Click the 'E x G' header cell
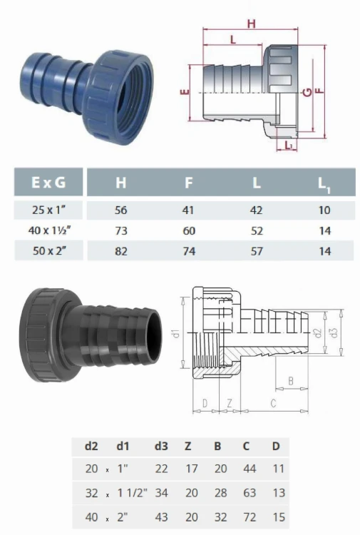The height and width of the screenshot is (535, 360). point(49,182)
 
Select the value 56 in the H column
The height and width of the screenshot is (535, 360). point(120,211)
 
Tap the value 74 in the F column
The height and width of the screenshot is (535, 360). point(189,250)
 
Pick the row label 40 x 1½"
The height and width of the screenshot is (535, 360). point(49,231)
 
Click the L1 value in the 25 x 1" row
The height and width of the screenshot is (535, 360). point(324,211)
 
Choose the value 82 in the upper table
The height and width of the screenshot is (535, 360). point(120,250)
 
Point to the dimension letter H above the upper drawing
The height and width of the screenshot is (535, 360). point(251,24)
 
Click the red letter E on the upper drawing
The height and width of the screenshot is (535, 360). point(185,93)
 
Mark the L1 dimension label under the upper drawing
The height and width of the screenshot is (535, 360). point(287,146)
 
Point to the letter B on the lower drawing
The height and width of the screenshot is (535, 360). point(288,382)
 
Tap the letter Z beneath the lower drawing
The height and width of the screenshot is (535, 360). point(229,404)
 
